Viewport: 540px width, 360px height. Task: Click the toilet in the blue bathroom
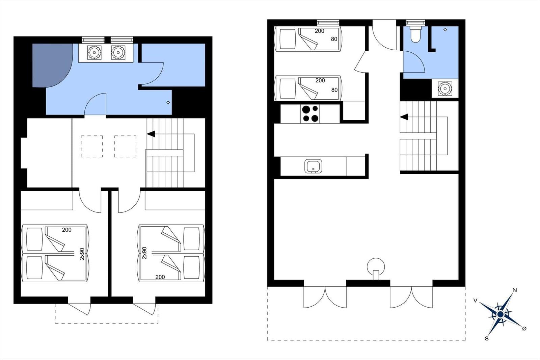pyautogui.click(x=415, y=34)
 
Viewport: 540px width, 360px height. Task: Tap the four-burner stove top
pyautogui.click(x=310, y=114)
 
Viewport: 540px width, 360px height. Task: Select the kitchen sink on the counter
pyautogui.click(x=313, y=166)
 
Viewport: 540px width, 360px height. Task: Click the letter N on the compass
pyautogui.click(x=514, y=290)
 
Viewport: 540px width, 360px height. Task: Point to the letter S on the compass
pyautogui.click(x=487, y=338)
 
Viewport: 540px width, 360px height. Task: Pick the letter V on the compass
pyautogui.click(x=476, y=301)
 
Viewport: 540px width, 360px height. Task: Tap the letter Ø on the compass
pyautogui.click(x=524, y=329)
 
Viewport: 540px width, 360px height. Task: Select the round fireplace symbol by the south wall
pyautogui.click(x=376, y=268)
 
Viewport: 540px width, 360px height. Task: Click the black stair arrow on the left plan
pyautogui.click(x=151, y=134)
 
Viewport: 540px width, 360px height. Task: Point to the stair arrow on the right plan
pyautogui.click(x=404, y=117)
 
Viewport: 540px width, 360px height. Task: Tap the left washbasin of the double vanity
pyautogui.click(x=94, y=53)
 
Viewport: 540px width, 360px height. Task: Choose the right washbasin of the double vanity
pyautogui.click(x=118, y=53)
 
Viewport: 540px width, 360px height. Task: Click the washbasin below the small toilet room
pyautogui.click(x=445, y=88)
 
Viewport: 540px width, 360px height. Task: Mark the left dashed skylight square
pyautogui.click(x=91, y=147)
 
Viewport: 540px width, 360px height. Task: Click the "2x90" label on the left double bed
pyautogui.click(x=82, y=254)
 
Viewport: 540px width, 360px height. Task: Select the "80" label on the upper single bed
pyautogui.click(x=334, y=39)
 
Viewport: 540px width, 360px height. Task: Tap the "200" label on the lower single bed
pyautogui.click(x=320, y=81)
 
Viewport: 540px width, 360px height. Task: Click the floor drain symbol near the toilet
pyautogui.click(x=445, y=30)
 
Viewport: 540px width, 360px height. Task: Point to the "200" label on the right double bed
pyautogui.click(x=160, y=277)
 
